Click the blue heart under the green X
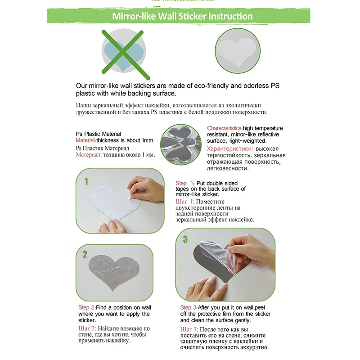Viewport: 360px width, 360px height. point(123,55)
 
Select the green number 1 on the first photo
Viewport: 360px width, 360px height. point(86,181)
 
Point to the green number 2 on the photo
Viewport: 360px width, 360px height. point(85,254)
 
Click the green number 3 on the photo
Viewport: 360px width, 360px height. point(185,239)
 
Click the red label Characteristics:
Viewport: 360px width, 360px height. point(225,128)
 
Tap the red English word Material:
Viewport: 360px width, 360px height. point(86,140)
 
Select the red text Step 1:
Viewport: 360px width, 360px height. point(185,183)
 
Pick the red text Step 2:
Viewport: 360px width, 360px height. point(87,307)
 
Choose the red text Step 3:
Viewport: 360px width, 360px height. point(189,307)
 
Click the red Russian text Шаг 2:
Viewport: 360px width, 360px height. point(87,328)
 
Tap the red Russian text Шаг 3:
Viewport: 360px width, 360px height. point(189,329)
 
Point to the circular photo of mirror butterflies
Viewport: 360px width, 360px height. point(181,144)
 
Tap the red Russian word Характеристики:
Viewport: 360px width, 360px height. point(230,149)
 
